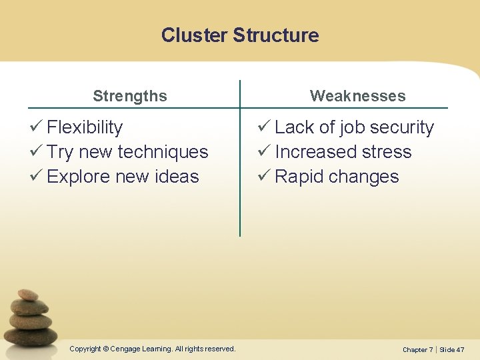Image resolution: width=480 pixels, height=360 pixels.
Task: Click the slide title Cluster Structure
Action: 240,35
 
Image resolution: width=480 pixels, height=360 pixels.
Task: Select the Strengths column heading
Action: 130,96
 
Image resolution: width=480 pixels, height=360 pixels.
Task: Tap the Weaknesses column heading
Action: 357,96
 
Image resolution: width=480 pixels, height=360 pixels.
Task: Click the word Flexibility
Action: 85,127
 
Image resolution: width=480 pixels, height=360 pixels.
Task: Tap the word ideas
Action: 176,177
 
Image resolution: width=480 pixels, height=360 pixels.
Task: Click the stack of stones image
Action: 31,319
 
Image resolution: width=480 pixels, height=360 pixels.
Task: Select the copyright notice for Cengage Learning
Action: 153,349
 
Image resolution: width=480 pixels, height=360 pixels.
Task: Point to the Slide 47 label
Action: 451,349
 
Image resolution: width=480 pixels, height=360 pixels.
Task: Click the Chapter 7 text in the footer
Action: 417,349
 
